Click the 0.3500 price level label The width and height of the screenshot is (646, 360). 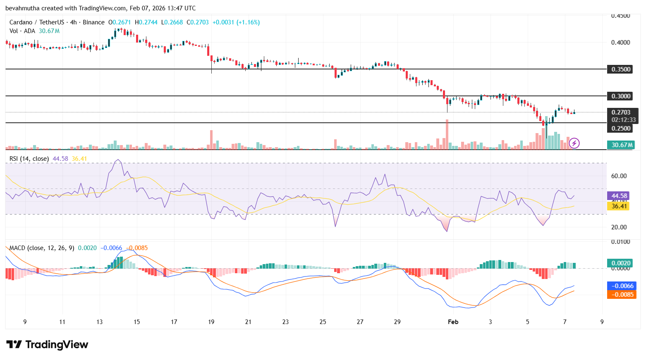(x=621, y=69)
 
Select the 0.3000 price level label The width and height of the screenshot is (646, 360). (x=621, y=96)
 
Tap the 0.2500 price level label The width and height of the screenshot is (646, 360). (x=621, y=129)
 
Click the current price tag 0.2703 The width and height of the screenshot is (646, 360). (x=621, y=112)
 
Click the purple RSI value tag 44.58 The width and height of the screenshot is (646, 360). (x=619, y=196)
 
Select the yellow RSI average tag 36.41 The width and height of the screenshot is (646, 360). (x=619, y=206)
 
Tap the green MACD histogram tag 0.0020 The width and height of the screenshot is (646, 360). (x=621, y=263)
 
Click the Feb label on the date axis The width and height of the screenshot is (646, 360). (x=453, y=322)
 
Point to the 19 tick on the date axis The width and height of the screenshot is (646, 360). (x=211, y=322)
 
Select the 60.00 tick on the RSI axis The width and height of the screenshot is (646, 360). (x=619, y=176)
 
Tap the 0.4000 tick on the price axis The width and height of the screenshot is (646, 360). (x=620, y=43)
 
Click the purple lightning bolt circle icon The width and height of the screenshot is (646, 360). (x=574, y=143)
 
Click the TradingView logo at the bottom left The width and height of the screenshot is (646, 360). (x=47, y=344)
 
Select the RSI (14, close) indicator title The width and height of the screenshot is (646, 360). (x=29, y=159)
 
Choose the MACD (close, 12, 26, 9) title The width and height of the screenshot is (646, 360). (x=41, y=248)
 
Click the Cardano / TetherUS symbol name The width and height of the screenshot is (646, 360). (x=36, y=22)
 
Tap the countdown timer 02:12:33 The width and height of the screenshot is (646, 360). (x=623, y=120)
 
